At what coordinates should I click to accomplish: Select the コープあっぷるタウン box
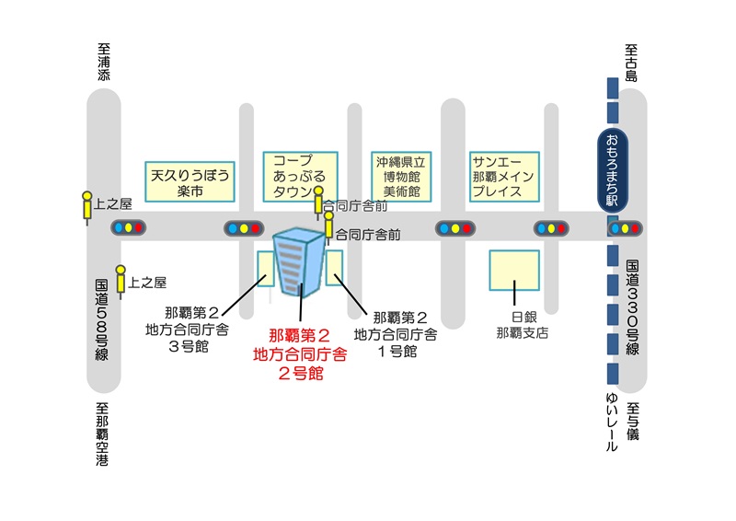[300, 176]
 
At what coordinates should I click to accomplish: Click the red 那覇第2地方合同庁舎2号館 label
[300, 354]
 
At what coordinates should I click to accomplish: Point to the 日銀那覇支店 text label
[521, 325]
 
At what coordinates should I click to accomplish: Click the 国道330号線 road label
[632, 307]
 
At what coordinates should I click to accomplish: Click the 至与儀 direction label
[632, 419]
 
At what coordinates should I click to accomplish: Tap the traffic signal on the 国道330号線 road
[625, 228]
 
